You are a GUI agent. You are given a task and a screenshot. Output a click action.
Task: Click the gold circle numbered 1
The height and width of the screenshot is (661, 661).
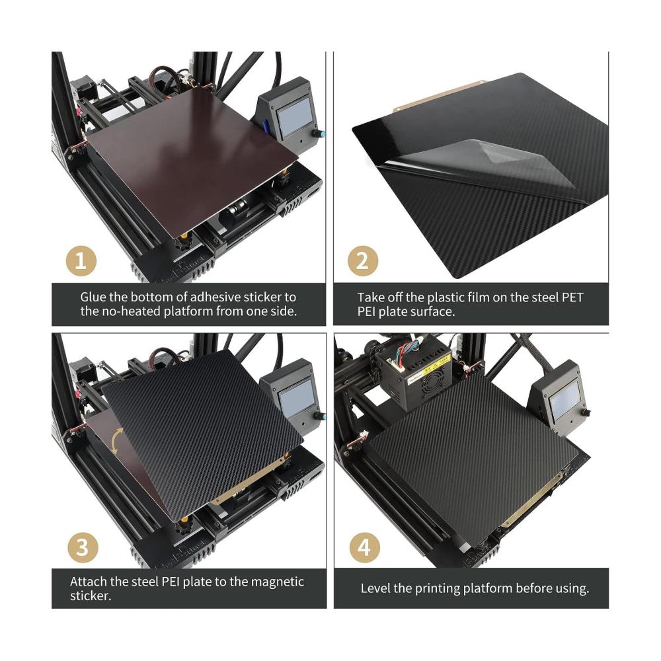81,261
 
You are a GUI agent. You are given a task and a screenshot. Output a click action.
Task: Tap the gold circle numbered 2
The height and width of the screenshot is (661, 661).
362,261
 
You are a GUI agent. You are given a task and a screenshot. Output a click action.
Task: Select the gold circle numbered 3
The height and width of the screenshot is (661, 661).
83,547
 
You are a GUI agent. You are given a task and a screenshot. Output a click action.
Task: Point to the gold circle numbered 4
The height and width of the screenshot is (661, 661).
365,547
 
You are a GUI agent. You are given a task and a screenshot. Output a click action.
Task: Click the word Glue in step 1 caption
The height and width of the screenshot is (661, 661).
93,297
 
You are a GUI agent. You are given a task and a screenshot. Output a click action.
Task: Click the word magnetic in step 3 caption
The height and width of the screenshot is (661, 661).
277,582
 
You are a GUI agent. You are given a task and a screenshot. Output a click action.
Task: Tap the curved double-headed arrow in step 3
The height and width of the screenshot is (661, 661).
117,441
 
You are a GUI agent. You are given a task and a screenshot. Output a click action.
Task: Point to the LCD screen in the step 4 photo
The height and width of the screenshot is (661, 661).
565,402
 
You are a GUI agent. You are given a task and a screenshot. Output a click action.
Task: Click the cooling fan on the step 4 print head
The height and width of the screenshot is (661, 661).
430,387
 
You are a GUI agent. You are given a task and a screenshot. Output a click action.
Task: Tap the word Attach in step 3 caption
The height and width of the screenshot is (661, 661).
88,582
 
